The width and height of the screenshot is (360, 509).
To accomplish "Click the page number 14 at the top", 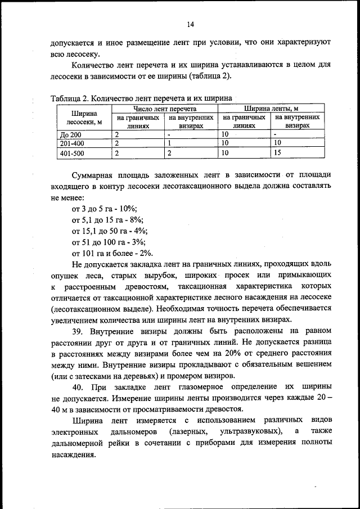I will point(191,24).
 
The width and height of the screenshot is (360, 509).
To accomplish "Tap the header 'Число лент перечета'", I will point(164,108).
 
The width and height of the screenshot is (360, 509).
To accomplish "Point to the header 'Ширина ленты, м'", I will point(271,108).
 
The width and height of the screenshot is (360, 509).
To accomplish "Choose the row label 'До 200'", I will point(71,135).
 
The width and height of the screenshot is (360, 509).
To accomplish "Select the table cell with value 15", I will point(277,152).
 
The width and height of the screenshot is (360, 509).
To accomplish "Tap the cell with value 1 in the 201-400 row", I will point(169,143).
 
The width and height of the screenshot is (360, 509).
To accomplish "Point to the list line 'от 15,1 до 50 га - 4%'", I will point(110,231).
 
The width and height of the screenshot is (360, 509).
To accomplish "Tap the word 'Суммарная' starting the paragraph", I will point(96,175).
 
